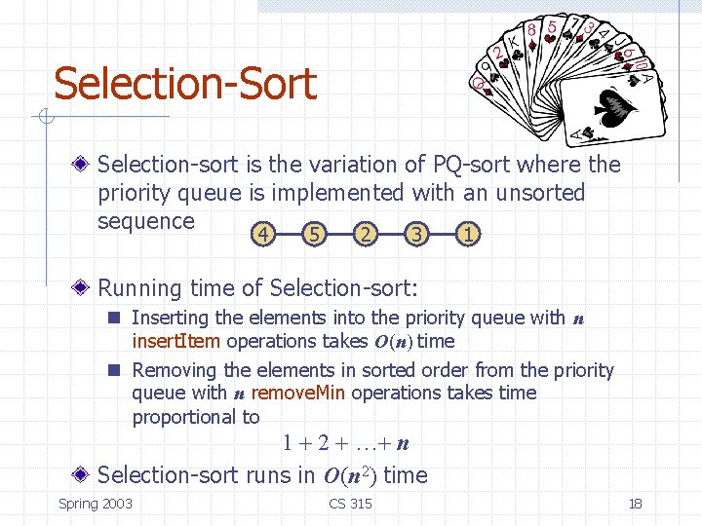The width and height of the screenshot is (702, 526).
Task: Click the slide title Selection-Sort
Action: [x=185, y=84]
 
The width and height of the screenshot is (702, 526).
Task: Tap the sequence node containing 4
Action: [x=260, y=234]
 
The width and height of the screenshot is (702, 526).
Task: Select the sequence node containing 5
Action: [x=313, y=234]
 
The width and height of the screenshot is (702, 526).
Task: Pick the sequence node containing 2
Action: [x=365, y=234]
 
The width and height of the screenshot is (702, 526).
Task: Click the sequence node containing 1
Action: [x=469, y=234]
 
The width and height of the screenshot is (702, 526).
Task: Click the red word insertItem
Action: [x=175, y=341]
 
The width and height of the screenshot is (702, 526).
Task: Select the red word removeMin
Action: [x=296, y=393]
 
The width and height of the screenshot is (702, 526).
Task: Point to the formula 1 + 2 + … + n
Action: [x=345, y=444]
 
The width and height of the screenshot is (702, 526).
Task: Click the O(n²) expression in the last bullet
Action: [x=349, y=475]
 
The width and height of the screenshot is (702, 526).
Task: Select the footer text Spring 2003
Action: [x=96, y=503]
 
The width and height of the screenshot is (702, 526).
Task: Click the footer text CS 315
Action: [x=350, y=503]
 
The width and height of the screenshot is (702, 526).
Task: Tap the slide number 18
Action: [x=635, y=503]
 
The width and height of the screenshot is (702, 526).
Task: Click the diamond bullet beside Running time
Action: [x=86, y=288]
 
